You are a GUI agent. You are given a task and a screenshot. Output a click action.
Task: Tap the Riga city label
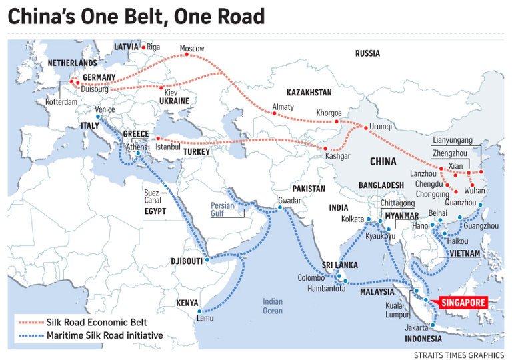click(153, 47)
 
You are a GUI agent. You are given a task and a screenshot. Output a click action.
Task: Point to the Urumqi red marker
click(365, 127)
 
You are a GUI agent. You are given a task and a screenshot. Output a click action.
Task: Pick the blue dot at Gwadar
click(279, 207)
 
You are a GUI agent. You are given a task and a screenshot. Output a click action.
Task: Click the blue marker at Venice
click(98, 117)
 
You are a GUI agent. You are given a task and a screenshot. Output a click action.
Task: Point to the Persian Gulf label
click(224, 209)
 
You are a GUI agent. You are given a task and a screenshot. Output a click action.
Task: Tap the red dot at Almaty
click(274, 114)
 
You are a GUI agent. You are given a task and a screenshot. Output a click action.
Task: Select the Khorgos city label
click(329, 113)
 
